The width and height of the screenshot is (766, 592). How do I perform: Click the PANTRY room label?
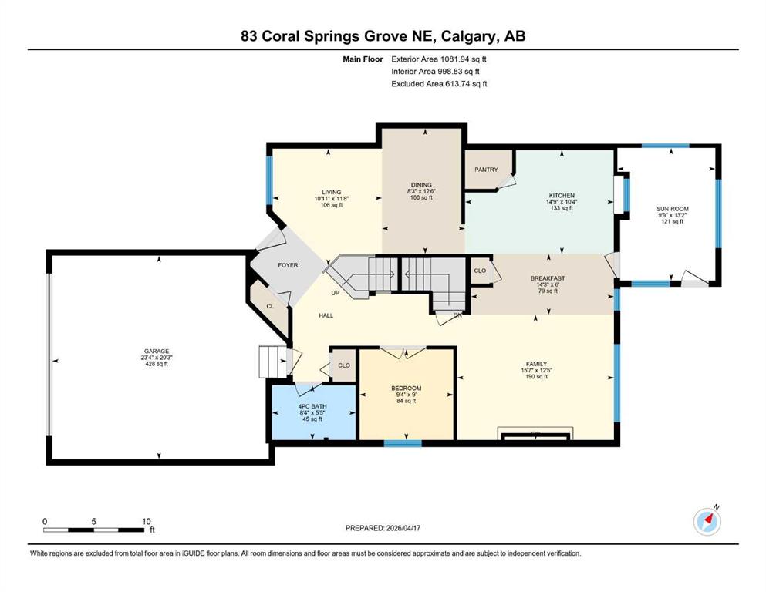click(486, 170)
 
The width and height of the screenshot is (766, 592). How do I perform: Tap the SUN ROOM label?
click(672, 209)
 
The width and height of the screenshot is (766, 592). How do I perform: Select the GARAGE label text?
click(157, 351)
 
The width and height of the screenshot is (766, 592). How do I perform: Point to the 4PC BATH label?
click(312, 406)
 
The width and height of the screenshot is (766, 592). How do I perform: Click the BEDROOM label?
click(406, 388)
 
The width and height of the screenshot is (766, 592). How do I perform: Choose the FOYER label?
click(288, 265)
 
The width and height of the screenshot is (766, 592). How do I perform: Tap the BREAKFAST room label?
click(548, 279)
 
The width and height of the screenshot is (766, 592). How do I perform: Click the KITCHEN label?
click(562, 196)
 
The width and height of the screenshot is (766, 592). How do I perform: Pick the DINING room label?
click(421, 185)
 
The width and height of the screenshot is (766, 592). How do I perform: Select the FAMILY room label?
click(536, 364)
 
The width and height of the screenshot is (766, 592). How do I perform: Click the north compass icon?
click(707, 522)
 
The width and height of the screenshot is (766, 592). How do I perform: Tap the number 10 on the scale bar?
click(146, 521)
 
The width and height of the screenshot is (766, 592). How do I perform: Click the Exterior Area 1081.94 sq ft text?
click(439, 59)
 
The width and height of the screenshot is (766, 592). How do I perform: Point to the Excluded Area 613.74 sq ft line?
click(439, 83)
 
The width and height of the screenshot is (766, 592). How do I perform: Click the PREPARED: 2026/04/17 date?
click(383, 528)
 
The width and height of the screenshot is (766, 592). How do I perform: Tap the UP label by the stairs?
click(335, 294)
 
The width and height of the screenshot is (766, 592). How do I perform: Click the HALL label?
click(326, 315)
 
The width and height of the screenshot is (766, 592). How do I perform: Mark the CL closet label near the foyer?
click(270, 307)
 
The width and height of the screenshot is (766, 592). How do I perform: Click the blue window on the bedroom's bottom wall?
click(403, 443)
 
